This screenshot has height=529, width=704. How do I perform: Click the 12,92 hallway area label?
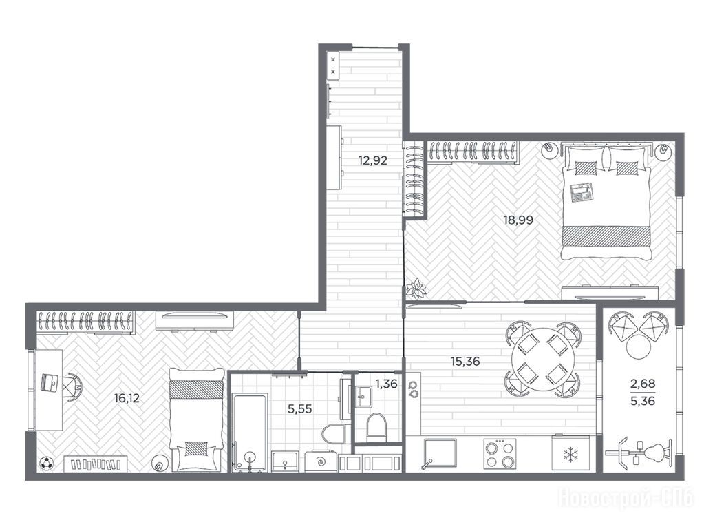click(373, 160)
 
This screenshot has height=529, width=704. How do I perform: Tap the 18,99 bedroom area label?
click(518, 220)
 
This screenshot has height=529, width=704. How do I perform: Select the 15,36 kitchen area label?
click(465, 361)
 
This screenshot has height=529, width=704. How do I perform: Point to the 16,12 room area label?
click(127, 397)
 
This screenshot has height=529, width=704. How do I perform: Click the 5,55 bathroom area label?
click(299, 409)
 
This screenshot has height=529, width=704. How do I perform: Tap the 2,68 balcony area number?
click(643, 384)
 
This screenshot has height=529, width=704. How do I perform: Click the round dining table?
click(543, 359)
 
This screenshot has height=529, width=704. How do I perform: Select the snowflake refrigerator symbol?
click(571, 455)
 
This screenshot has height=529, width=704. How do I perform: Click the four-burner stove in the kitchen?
click(500, 454)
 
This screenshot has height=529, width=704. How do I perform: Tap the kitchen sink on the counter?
click(440, 454)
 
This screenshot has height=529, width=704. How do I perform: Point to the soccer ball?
click(46, 464)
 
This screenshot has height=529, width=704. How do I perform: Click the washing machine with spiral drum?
click(321, 461)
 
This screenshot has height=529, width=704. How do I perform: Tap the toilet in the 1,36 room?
click(376, 427)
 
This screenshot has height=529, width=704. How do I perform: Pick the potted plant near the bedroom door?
click(417, 289)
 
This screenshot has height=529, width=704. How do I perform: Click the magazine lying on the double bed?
click(582, 194)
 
